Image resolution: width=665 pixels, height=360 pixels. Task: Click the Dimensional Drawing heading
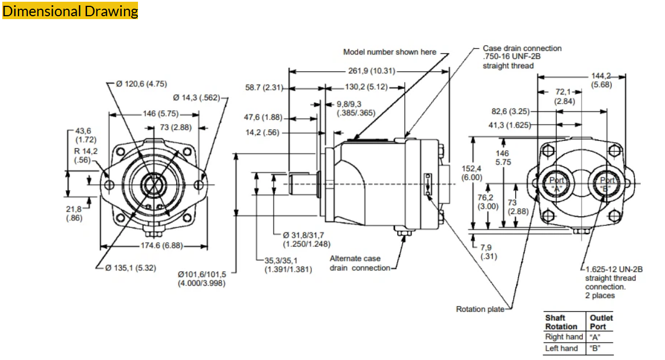coord(70,11)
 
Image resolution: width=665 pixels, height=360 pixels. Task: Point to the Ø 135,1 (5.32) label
coord(130,268)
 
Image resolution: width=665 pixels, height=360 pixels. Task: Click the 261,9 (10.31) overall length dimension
coord(372,71)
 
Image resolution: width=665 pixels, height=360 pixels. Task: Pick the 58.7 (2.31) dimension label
coord(264,88)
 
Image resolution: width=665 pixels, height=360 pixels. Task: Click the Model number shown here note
coord(390,52)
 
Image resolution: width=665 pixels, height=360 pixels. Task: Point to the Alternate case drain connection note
coord(360,263)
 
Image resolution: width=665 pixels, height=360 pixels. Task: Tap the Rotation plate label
coord(479,309)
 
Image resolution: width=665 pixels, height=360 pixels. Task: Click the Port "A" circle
coord(556,184)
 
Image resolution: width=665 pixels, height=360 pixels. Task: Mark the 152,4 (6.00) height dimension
coord(471,173)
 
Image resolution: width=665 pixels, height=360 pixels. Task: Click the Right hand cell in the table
coord(564,337)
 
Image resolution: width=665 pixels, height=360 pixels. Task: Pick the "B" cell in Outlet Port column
coord(595,348)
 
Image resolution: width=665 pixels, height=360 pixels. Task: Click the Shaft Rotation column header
coord(561,322)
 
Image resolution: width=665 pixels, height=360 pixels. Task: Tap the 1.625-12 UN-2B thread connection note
coord(613,282)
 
